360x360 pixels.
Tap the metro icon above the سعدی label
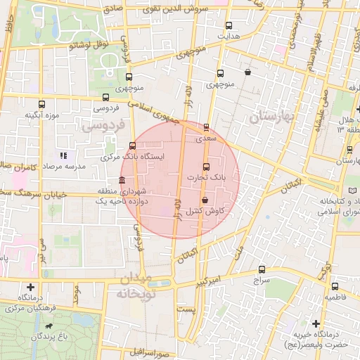(x=206, y=128)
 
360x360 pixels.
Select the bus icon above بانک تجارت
(x=206, y=167)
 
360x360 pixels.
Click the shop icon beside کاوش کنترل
(x=205, y=200)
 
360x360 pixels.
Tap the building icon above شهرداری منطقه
(x=122, y=180)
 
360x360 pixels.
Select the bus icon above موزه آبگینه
(x=42, y=104)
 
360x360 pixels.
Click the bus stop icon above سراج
(x=262, y=269)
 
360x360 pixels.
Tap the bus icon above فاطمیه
(x=335, y=287)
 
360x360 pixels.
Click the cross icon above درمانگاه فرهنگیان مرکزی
(x=30, y=287)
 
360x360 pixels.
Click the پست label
(x=185, y=309)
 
